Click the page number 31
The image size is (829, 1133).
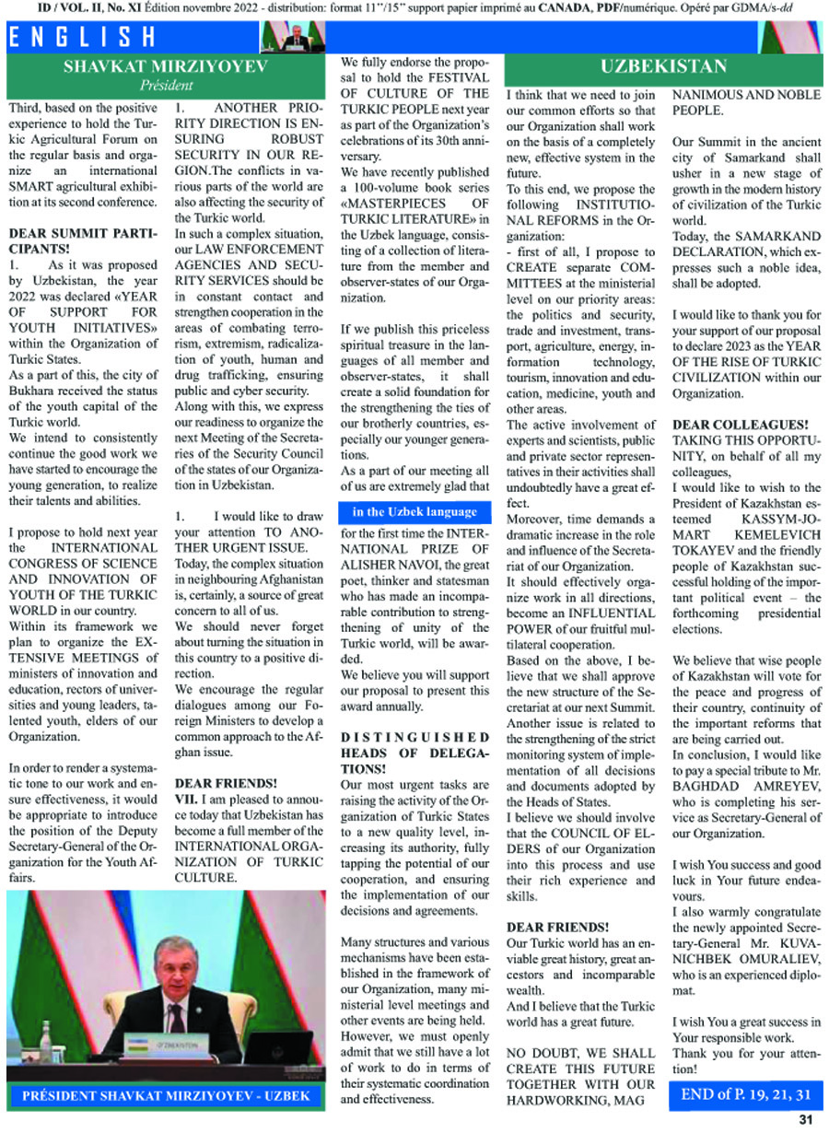click(x=805, y=1120)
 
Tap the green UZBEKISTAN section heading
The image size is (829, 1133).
click(x=663, y=66)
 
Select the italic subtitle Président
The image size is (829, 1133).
click(x=167, y=86)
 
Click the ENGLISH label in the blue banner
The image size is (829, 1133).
click(x=83, y=38)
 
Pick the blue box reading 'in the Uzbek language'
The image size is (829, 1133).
click(x=414, y=512)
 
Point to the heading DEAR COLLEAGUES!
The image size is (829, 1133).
click(x=741, y=424)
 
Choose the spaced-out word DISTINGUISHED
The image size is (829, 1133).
click(x=415, y=738)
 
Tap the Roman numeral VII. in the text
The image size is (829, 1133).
click(x=189, y=799)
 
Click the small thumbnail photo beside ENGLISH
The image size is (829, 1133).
click(x=290, y=36)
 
